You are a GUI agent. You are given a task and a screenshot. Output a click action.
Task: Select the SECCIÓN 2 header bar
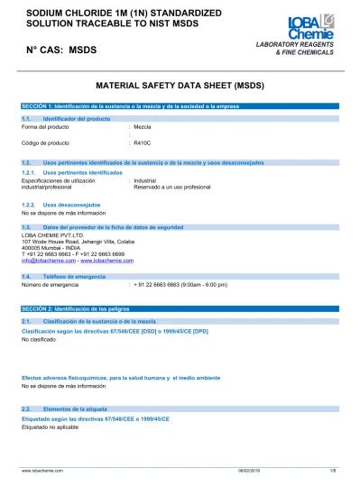[x=180, y=309]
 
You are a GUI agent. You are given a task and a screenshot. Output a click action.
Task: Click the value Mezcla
[x=143, y=126]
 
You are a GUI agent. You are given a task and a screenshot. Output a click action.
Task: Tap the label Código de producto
[x=45, y=143]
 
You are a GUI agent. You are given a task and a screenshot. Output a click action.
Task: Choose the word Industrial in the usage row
[x=145, y=180]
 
